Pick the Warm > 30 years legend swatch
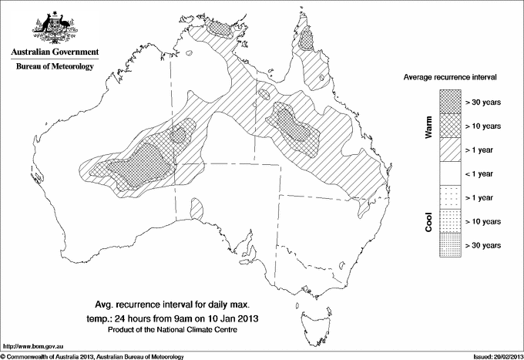pos(450,101)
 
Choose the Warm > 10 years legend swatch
pos(450,125)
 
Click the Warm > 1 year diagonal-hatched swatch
pos(450,149)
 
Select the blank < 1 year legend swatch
pos(450,173)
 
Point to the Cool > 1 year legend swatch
pos(450,197)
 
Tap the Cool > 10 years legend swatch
pos(450,220)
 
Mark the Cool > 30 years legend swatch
pos(450,244)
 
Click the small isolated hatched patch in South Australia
pos(195,208)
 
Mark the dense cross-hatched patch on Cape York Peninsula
pos(310,39)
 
